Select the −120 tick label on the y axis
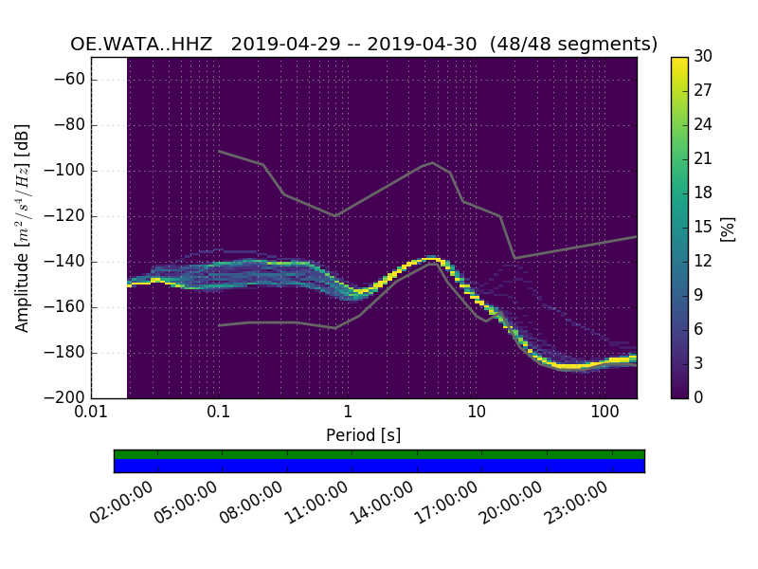(67, 216)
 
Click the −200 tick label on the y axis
(67, 397)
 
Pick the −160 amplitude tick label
(67, 306)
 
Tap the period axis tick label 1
(348, 413)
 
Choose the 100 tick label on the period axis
(605, 413)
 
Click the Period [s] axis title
(363, 435)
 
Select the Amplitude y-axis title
(22, 228)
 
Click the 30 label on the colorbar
(703, 58)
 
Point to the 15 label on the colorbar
(703, 228)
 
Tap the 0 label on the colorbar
(699, 397)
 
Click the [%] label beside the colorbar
(728, 228)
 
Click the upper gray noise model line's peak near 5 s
(432, 162)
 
